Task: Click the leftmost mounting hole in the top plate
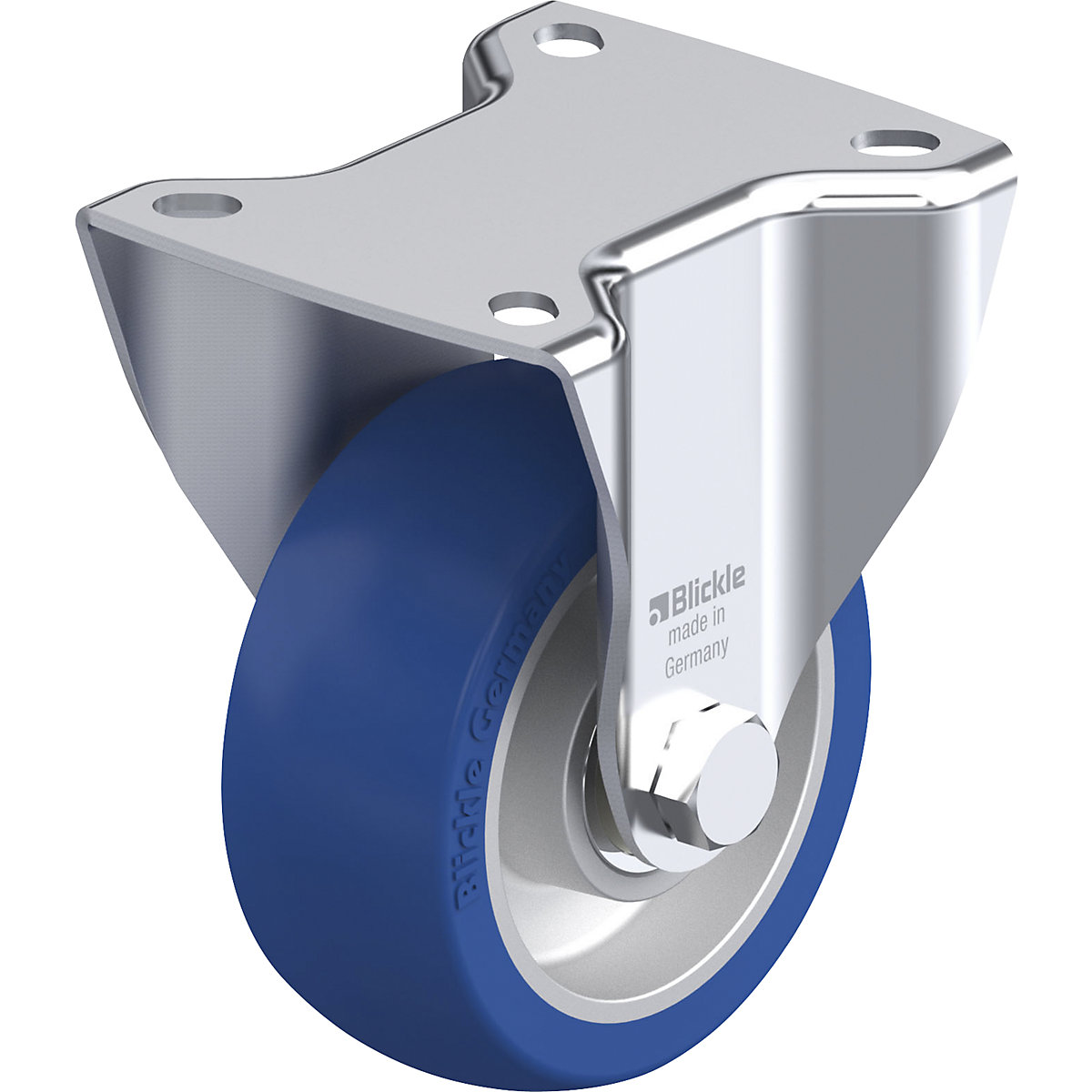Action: [x=197, y=202]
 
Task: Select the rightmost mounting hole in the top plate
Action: [x=896, y=141]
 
